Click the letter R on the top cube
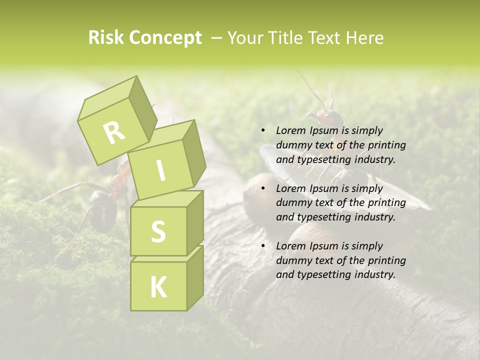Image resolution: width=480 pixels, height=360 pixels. (114, 132)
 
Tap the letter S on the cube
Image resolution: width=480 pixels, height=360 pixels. (158, 231)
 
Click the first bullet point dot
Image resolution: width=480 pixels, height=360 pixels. (263, 130)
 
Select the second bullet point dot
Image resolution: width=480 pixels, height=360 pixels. (263, 188)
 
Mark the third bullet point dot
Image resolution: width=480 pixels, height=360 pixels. (263, 246)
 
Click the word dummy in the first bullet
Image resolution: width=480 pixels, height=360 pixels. (292, 145)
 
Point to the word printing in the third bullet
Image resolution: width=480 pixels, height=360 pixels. (386, 260)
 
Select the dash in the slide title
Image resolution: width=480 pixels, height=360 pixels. (216, 38)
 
